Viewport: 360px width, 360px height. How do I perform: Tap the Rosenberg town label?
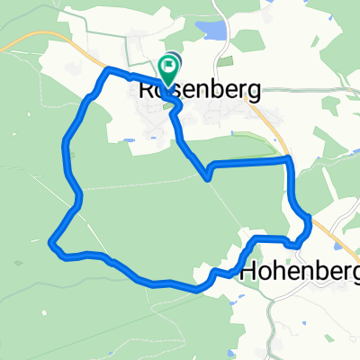point(200,90)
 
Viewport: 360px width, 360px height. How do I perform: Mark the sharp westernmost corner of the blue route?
point(50,241)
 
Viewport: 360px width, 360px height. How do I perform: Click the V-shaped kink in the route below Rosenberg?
point(208,176)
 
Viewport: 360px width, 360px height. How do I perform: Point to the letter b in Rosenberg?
point(214,90)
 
